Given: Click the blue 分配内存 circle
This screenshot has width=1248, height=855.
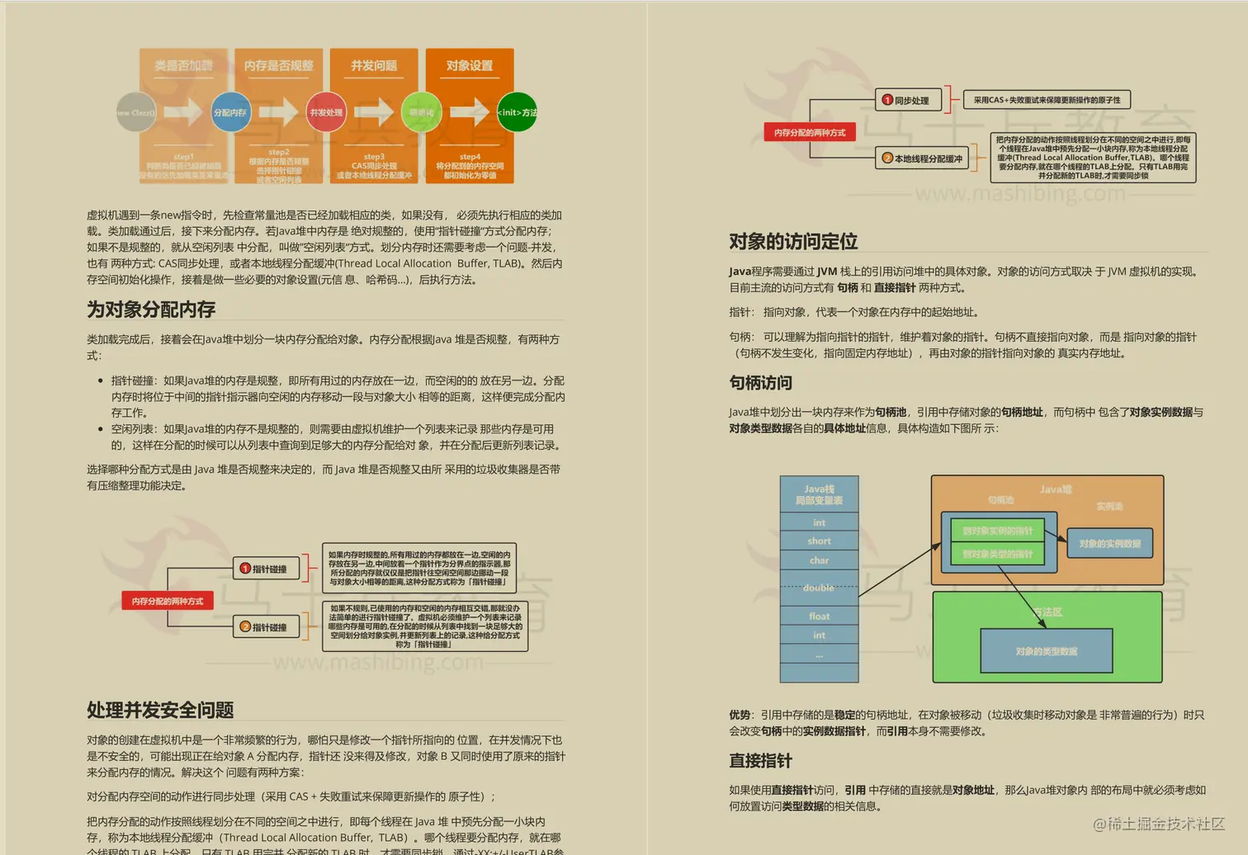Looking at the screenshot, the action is [x=230, y=112].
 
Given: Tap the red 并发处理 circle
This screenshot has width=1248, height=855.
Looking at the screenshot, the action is [x=326, y=112].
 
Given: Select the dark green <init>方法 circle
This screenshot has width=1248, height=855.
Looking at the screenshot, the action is [x=517, y=112].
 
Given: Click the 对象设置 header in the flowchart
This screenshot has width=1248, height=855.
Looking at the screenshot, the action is [x=470, y=65].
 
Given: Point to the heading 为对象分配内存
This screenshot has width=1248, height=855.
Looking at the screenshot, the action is [x=151, y=309].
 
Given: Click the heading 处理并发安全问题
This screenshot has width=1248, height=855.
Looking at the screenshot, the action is [x=160, y=710].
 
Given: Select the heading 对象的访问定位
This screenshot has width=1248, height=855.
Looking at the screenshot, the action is [x=793, y=242].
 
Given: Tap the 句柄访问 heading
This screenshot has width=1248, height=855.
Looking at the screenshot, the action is [x=760, y=383].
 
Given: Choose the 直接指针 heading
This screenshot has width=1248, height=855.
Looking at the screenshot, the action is [x=760, y=761].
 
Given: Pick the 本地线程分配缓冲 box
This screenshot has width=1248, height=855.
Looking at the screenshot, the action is [x=922, y=158].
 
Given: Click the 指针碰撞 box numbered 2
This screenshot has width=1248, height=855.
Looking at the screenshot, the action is [x=265, y=627].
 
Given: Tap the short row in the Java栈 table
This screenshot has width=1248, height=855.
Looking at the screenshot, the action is [x=819, y=541].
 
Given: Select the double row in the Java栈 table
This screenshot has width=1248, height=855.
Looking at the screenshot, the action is [x=819, y=588].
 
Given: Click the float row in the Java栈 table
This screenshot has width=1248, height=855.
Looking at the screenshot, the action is [x=819, y=616].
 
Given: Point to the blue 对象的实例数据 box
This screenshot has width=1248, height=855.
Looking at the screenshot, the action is [x=1109, y=544].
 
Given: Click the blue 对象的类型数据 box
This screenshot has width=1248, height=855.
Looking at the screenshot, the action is [x=1046, y=651].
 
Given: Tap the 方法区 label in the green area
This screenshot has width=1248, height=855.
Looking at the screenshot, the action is [x=1047, y=612].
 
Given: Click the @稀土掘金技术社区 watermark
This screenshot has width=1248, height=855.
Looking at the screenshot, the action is [x=1159, y=824].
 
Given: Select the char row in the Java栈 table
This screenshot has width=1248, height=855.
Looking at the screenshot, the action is [x=819, y=560].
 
